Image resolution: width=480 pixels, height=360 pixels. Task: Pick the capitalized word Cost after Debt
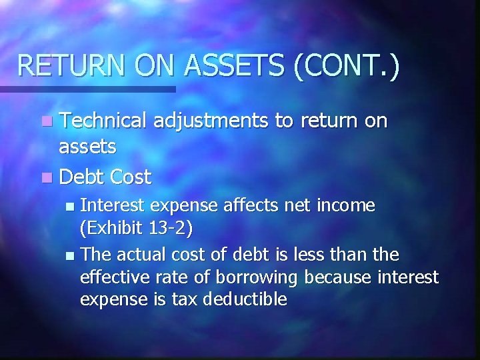pos(131,177)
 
